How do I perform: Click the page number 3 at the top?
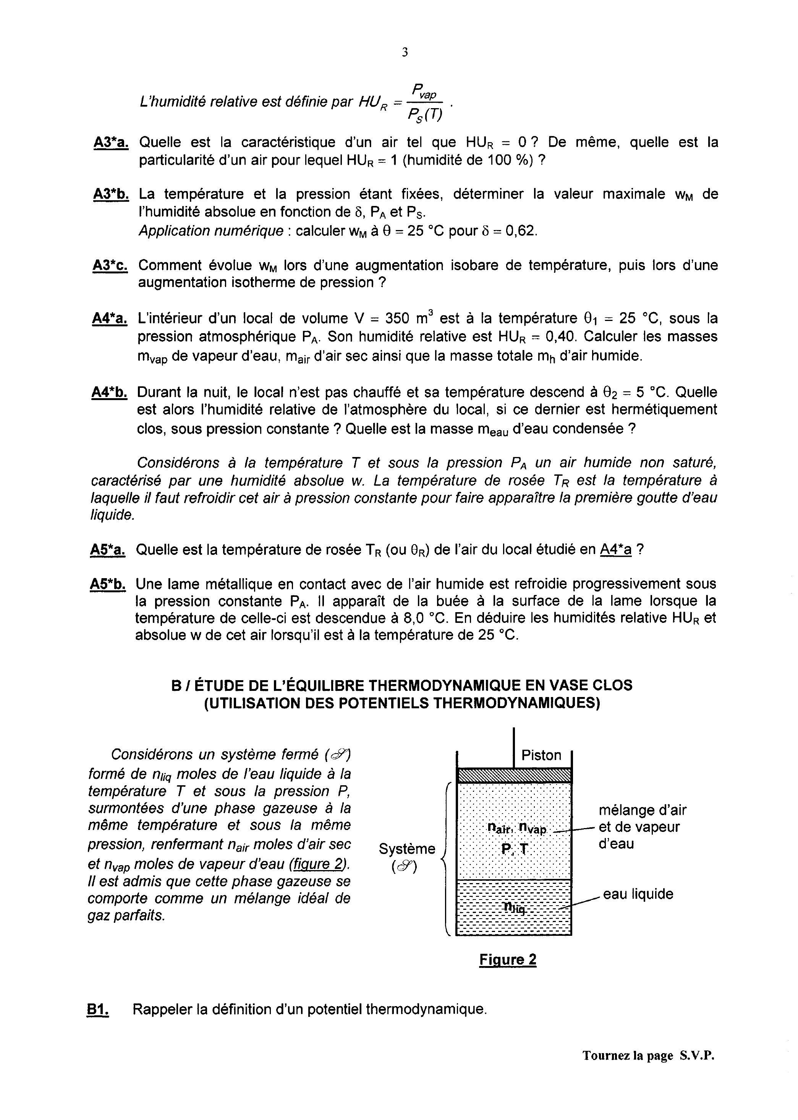point(405,52)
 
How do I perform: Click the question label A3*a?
point(111,143)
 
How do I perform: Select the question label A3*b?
point(111,194)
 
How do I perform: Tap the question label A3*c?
point(110,265)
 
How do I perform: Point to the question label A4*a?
point(110,318)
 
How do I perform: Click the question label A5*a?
point(108,549)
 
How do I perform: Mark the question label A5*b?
point(108,584)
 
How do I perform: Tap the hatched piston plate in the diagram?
point(514,775)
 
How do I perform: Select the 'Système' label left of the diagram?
point(407,849)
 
